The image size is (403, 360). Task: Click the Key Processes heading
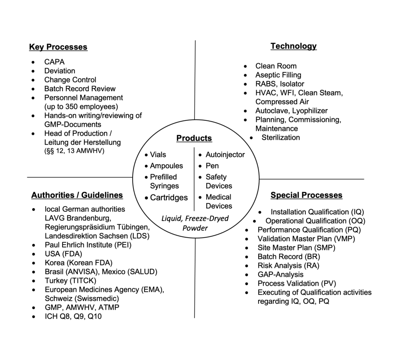point(58,47)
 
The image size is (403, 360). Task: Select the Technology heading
point(293,46)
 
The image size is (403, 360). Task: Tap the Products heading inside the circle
point(194,138)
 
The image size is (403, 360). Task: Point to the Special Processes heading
point(306,195)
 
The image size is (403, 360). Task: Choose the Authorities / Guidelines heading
point(77,195)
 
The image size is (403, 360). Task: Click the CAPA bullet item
point(54,62)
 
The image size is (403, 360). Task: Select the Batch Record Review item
point(80,89)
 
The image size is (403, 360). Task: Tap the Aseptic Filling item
point(278,75)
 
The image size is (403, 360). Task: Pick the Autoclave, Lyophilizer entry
point(291,111)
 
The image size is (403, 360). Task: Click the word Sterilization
point(281,137)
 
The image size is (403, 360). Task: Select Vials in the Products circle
point(158,155)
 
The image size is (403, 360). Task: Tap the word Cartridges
point(169,198)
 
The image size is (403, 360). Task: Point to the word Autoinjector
point(225,155)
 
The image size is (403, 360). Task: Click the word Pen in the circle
point(212,166)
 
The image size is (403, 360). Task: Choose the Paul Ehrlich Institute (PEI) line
point(88,245)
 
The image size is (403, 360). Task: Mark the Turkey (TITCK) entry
point(70,281)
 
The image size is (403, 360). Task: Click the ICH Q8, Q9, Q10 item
point(73,316)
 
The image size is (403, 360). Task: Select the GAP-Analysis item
point(281,274)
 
